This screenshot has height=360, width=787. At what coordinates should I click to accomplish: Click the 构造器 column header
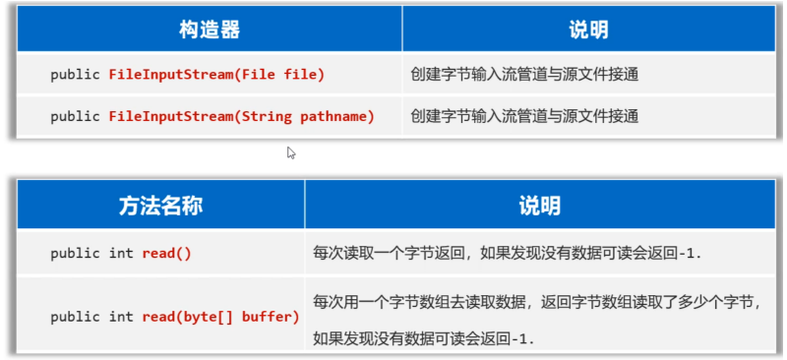point(210,30)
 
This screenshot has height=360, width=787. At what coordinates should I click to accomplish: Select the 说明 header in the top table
point(588,30)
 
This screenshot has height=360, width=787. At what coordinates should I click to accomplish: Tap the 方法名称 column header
point(160,206)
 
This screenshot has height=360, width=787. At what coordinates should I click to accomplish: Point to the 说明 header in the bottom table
point(539,206)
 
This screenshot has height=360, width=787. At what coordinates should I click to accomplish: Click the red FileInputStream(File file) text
point(216,75)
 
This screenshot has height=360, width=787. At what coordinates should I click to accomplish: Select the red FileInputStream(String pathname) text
point(242,116)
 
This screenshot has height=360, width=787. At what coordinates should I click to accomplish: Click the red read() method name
point(166,254)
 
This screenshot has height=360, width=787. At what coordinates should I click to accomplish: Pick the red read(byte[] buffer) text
point(220,317)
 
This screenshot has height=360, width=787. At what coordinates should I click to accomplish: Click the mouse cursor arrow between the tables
point(291,152)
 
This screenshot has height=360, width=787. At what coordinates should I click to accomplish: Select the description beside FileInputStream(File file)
point(525,75)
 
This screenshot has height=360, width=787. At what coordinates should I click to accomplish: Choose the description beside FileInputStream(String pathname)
point(525,116)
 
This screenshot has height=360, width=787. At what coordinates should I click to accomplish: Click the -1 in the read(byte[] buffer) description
point(520,338)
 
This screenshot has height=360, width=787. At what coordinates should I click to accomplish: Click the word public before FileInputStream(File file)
point(75,75)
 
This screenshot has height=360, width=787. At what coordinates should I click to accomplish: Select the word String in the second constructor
point(267,116)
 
